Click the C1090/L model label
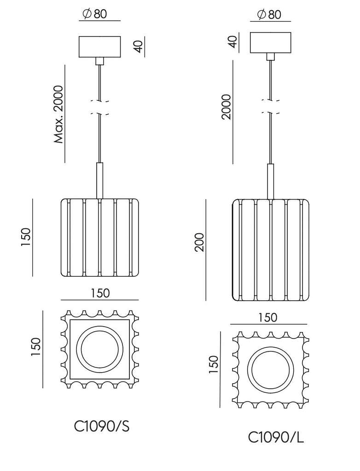(276, 437)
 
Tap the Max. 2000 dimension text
(58, 114)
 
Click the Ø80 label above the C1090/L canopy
(267, 14)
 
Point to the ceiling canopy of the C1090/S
(100, 46)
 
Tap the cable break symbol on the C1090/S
(100, 108)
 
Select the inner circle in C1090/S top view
(100, 350)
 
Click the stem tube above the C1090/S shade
(100, 180)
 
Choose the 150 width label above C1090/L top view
(268, 317)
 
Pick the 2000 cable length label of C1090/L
(226, 107)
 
